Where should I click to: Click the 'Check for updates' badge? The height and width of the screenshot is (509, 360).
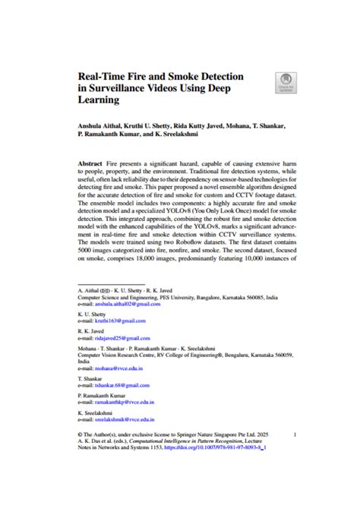tap(286, 83)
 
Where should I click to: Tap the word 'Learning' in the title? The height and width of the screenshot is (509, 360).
tap(102, 103)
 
